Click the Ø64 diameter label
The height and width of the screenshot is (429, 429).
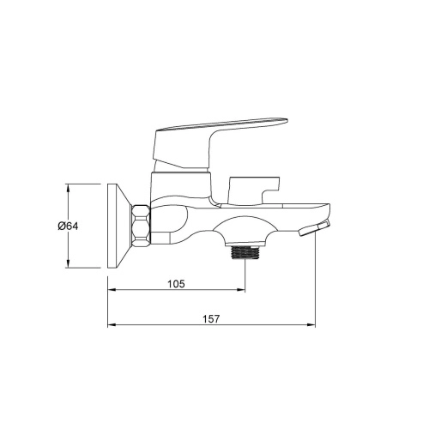pyautogui.click(x=68, y=226)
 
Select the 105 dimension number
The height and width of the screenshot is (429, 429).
pyautogui.click(x=176, y=284)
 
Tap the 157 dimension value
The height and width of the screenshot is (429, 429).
pyautogui.click(x=211, y=319)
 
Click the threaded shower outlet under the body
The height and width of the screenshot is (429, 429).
pyautogui.click(x=245, y=252)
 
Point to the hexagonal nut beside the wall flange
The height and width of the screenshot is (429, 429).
pyautogui.click(x=141, y=225)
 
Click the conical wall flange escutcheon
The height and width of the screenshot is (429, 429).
pyautogui.click(x=120, y=226)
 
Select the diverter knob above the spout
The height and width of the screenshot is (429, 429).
pyautogui.click(x=253, y=190)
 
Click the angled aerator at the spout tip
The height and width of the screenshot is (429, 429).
pyautogui.click(x=314, y=228)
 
